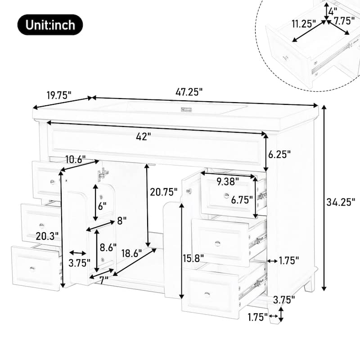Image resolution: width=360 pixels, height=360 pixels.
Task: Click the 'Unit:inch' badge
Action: (x=50, y=25)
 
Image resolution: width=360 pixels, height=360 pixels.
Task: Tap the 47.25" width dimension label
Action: (x=189, y=91)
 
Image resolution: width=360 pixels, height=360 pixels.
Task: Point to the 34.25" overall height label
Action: (x=341, y=201)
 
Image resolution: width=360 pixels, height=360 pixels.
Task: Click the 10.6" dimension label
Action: (x=75, y=158)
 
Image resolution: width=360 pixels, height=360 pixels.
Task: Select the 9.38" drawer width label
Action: (x=228, y=181)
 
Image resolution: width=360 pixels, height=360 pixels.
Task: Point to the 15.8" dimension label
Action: (x=194, y=257)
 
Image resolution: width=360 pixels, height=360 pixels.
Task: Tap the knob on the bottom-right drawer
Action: (x=207, y=294)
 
